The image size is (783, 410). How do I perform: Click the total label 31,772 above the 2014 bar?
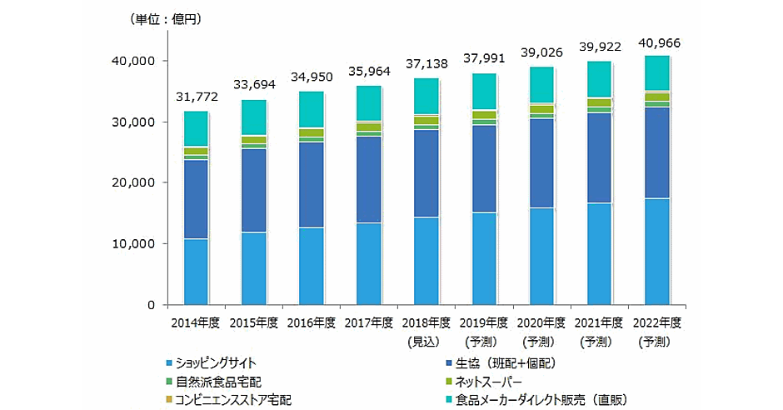click(x=196, y=97)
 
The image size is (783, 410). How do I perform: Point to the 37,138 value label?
click(x=427, y=64)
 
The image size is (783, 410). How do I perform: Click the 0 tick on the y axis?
click(x=150, y=305)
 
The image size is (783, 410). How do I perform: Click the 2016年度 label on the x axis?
click(x=312, y=322)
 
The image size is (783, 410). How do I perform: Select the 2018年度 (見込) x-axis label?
click(x=427, y=331)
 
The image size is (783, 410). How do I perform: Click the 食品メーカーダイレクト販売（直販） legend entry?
click(x=541, y=400)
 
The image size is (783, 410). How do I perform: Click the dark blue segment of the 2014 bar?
click(x=196, y=199)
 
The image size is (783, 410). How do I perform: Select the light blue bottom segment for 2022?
click(x=659, y=251)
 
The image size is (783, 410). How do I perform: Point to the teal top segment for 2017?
click(x=369, y=103)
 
